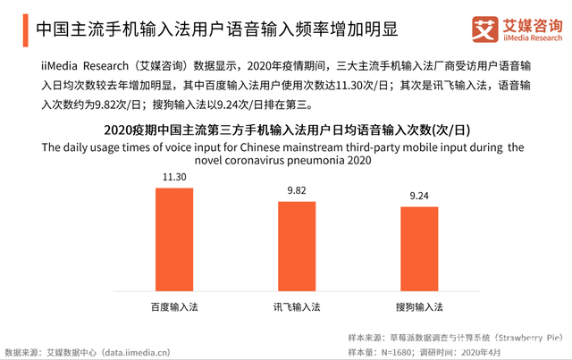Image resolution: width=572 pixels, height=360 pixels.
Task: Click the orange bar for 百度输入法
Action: click(x=173, y=238)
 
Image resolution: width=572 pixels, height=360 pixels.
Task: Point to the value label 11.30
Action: click(x=173, y=177)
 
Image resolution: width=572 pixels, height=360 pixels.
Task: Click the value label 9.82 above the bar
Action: click(x=296, y=190)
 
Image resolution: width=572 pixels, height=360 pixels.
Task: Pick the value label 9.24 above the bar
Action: click(x=418, y=196)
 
